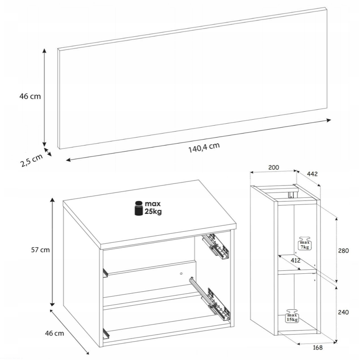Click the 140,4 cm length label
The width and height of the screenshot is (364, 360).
click(204, 148)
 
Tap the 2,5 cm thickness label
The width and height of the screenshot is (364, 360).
click(32, 160)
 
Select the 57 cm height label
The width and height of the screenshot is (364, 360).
click(40, 250)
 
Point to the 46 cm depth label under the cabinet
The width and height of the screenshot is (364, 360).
click(54, 333)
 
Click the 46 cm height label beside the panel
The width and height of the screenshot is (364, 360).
click(30, 96)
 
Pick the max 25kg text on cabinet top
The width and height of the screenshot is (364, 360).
click(153, 208)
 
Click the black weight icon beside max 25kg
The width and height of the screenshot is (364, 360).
click(139, 208)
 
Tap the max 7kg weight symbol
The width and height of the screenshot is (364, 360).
click(305, 243)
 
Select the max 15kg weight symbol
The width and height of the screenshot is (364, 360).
click(292, 316)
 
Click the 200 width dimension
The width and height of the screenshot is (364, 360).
click(274, 168)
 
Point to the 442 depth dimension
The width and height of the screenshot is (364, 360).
click(312, 174)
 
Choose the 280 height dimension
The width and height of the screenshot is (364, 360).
click(344, 251)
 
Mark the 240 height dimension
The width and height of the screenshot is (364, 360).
click(344, 312)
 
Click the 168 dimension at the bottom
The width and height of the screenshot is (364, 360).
click(318, 348)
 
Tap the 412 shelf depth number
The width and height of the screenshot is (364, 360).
click(296, 261)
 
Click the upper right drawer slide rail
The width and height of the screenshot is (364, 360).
click(215, 246)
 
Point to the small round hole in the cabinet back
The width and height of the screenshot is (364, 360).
click(182, 274)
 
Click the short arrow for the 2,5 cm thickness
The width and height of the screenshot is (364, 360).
click(47, 152)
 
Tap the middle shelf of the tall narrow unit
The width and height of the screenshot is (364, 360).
click(297, 270)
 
